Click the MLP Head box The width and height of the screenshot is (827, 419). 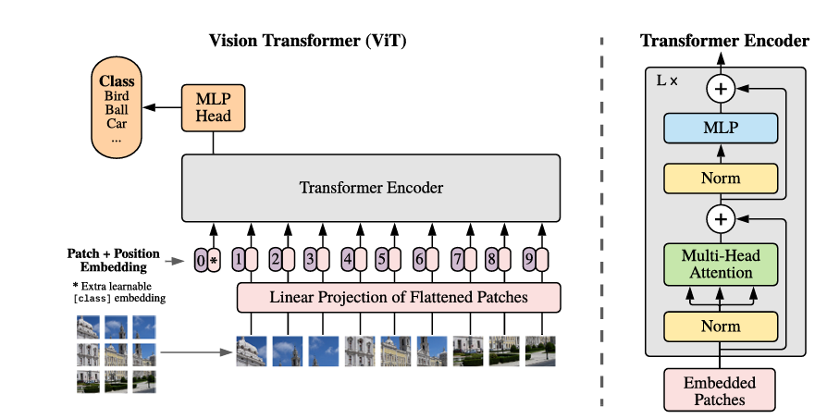click(214, 108)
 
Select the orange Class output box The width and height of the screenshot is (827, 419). click(117, 107)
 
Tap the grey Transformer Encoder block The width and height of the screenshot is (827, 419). click(371, 188)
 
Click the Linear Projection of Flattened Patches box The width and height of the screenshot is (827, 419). click(399, 298)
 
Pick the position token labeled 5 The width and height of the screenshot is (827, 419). click(382, 260)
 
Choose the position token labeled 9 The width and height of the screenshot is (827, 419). click(527, 260)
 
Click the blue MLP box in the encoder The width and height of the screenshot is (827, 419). click(721, 128)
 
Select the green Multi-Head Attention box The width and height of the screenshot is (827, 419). click(721, 264)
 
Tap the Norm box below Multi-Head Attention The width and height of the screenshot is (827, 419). click(721, 327)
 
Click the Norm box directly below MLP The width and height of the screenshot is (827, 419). click(721, 178)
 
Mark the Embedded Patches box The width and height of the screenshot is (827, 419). click(719, 390)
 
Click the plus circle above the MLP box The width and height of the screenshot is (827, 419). click(720, 89)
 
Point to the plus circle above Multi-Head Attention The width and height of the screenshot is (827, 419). click(720, 219)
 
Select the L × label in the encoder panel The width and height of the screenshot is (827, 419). click(667, 80)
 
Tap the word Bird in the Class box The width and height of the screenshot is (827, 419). click(117, 96)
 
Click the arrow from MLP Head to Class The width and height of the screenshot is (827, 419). click(167, 108)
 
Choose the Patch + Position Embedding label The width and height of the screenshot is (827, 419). click(113, 260)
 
